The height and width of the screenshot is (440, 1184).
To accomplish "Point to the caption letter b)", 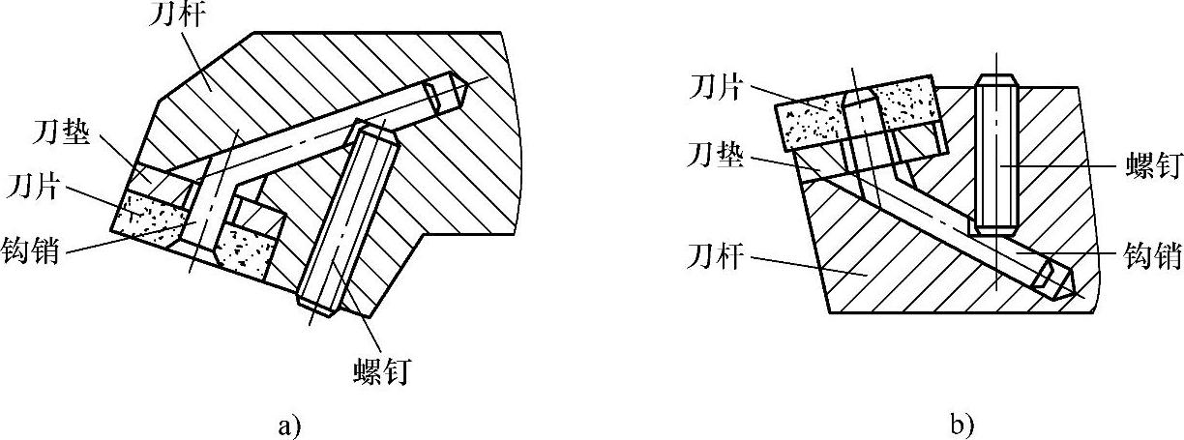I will [x=961, y=424].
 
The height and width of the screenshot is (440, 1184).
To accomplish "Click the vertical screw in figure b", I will [x=995, y=155].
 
